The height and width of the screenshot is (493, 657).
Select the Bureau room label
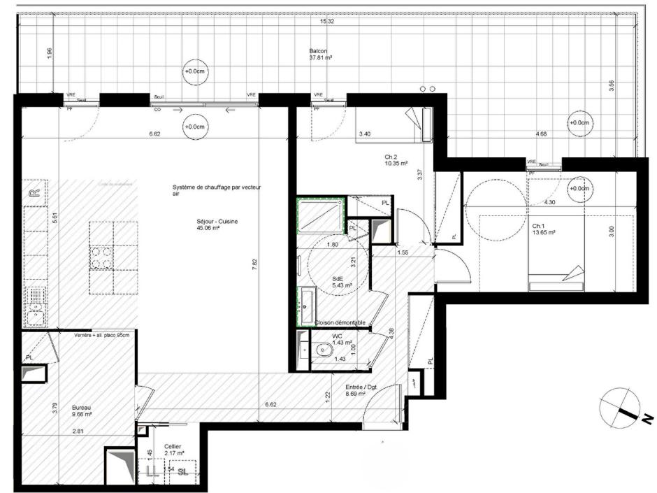coord(82,409)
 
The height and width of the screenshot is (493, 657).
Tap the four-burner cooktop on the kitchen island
coord(102,258)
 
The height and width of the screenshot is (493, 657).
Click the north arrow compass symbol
coord(619,408)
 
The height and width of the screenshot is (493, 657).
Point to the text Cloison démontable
coord(340,322)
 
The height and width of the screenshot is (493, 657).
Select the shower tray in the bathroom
coord(321,215)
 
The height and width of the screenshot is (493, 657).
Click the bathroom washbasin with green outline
coord(306,300)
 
